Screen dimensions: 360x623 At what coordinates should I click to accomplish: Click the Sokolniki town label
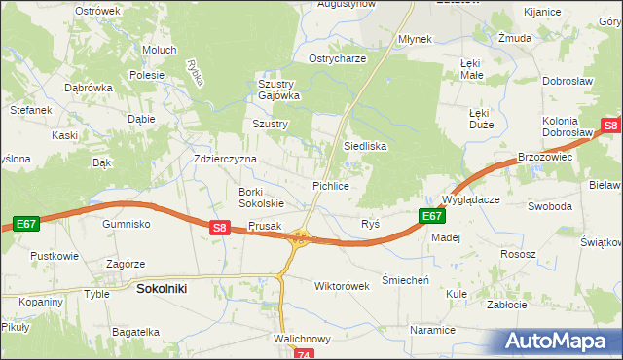tap(162, 289)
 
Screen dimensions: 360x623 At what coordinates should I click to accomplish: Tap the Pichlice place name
tap(330, 184)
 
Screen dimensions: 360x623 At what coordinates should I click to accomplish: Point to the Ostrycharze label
tap(337, 58)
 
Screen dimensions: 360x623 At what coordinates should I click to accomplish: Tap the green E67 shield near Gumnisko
tap(26, 224)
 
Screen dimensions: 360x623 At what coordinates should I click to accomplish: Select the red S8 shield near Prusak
tap(220, 228)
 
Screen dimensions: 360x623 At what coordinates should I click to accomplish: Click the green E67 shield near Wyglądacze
tap(432, 216)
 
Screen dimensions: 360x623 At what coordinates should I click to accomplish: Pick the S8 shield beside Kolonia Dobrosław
tap(610, 126)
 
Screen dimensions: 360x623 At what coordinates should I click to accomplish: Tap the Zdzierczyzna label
tap(225, 159)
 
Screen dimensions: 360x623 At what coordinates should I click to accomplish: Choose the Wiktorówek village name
tap(342, 287)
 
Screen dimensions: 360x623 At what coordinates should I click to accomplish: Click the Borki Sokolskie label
tap(262, 198)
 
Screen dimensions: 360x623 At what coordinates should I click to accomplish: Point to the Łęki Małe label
tap(471, 68)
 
